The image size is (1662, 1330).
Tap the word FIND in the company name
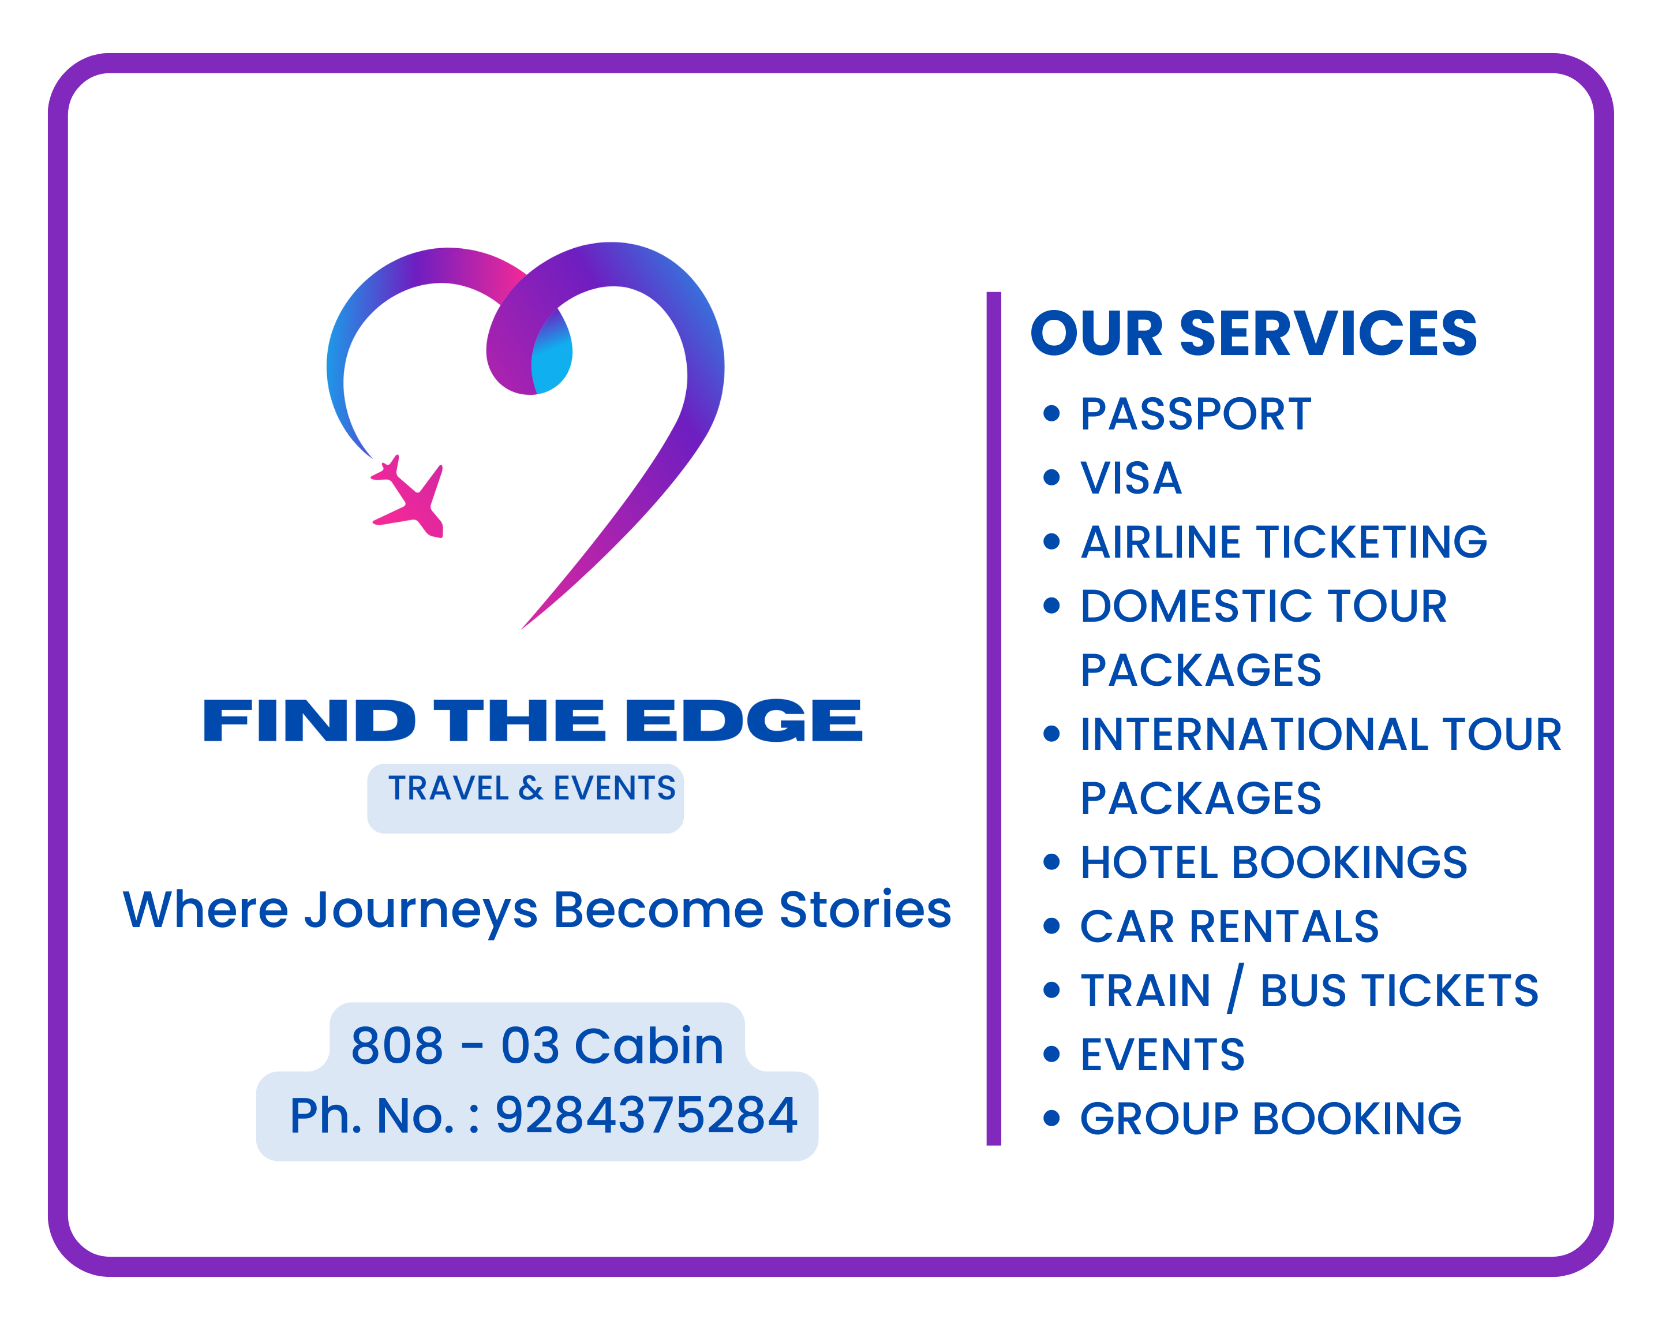coord(308,721)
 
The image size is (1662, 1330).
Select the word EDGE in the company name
coord(744,721)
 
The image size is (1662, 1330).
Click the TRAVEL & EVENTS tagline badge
coord(526,798)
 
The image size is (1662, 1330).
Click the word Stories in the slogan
coord(866,910)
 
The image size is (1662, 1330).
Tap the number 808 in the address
coord(397,1045)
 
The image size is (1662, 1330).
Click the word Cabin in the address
coord(649,1045)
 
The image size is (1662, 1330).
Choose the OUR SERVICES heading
coord(1253,333)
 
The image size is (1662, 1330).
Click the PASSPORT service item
coord(1196,414)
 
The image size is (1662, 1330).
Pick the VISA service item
coord(1131,478)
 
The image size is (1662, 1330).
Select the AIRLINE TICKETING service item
coord(1283,542)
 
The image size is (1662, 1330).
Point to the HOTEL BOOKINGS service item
coord(1274,862)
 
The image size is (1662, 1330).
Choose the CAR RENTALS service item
coord(1230,926)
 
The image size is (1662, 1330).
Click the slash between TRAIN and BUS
coord(1236,988)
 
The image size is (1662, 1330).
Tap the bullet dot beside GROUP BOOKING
coord(1051,1118)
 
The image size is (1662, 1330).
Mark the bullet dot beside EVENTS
coord(1051,1054)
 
